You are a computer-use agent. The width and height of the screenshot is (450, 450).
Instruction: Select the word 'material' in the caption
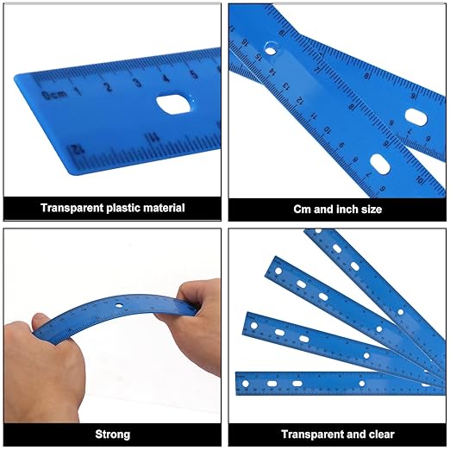(x=163, y=208)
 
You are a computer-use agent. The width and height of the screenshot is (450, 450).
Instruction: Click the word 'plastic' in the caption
(x=124, y=208)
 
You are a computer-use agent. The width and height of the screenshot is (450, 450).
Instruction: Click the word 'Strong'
(x=113, y=434)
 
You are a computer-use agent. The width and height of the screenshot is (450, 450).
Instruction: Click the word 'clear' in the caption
(x=382, y=434)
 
